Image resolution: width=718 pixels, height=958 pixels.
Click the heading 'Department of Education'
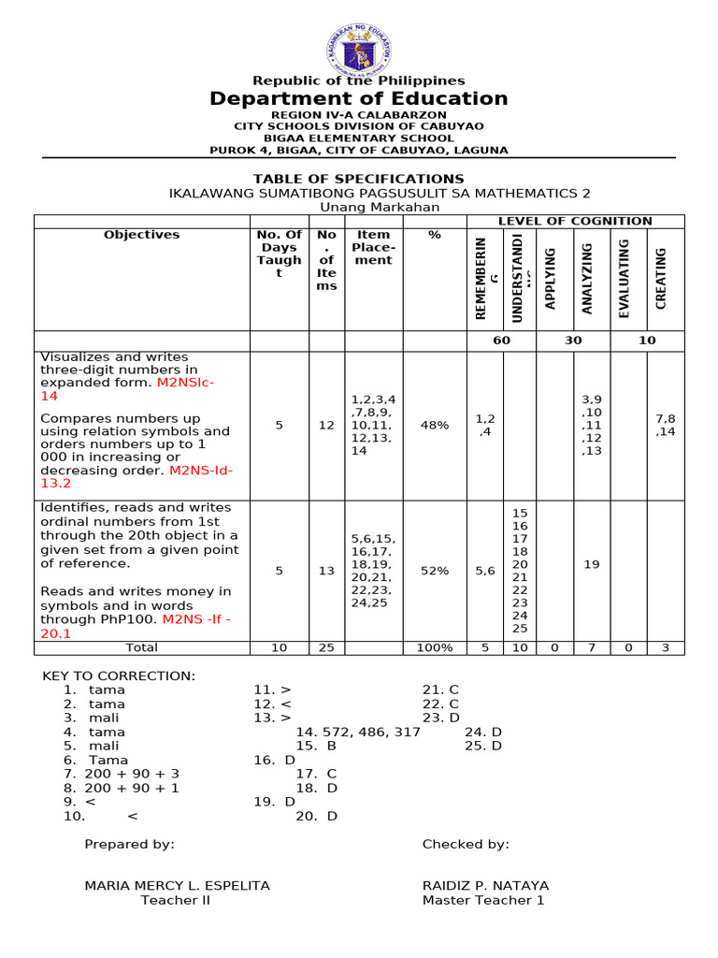tap(359, 99)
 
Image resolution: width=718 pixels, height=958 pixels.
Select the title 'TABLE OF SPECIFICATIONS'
tap(359, 179)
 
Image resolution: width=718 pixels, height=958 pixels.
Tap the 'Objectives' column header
tap(142, 235)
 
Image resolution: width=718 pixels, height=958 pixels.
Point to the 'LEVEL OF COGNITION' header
tap(575, 221)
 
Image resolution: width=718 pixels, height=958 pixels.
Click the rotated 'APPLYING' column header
tap(551, 278)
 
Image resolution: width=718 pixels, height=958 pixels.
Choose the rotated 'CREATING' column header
tap(661, 278)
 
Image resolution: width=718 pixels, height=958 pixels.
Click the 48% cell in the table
tap(435, 425)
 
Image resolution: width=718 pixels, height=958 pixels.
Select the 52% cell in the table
tap(435, 571)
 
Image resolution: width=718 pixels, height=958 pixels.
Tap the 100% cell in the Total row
tap(435, 647)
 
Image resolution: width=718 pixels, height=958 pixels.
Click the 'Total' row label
tap(142, 647)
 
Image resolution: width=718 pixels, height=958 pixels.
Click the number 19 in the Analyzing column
tap(591, 564)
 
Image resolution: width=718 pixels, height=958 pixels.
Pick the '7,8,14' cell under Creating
tap(666, 425)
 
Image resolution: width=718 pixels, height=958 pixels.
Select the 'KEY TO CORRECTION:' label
tap(119, 675)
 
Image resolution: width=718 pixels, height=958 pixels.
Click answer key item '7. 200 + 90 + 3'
tap(122, 774)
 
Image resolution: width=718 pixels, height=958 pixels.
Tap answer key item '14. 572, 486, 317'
tap(358, 732)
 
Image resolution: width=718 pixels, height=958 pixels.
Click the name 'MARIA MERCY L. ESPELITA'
tap(177, 885)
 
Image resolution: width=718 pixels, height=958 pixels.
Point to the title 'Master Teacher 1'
tap(483, 900)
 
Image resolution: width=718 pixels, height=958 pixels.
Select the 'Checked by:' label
tap(466, 844)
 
